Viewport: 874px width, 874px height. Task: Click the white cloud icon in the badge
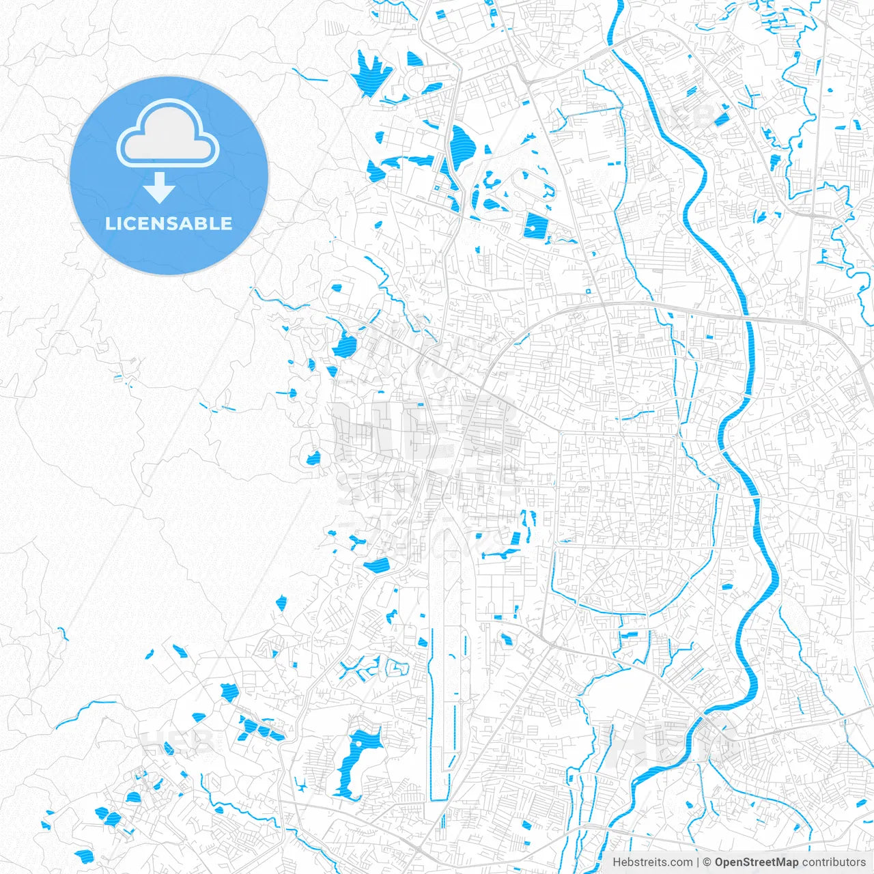click(x=168, y=134)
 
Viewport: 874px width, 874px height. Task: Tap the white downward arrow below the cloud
click(x=159, y=187)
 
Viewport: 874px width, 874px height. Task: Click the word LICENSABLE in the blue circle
click(x=169, y=223)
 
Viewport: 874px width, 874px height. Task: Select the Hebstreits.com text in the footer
click(x=652, y=862)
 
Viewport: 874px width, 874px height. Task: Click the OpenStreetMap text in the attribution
click(x=756, y=862)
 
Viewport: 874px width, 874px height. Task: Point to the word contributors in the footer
click(x=834, y=862)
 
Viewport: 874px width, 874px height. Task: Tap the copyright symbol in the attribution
click(x=707, y=862)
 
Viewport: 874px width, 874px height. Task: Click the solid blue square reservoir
click(x=535, y=226)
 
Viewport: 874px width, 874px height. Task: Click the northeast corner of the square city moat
click(x=679, y=434)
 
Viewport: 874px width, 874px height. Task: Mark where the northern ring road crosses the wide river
click(x=747, y=316)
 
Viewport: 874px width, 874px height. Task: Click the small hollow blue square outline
click(x=588, y=292)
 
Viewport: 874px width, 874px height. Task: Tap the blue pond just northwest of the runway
click(x=376, y=565)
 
